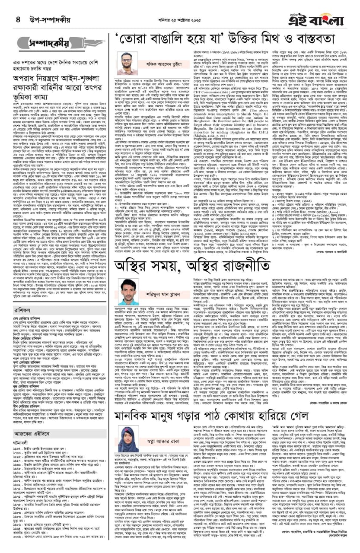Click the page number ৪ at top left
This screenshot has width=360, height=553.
[x=18, y=19]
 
